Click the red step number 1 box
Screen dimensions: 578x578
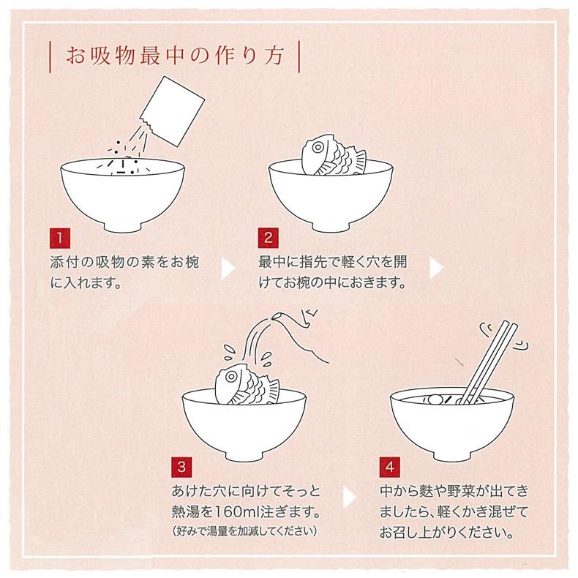(60, 238)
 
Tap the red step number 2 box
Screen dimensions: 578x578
(268, 238)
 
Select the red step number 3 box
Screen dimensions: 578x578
(181, 467)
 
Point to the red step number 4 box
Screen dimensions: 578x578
(390, 467)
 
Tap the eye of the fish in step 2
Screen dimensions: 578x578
(318, 148)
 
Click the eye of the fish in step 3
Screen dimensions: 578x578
(231, 376)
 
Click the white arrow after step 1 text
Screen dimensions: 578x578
(228, 268)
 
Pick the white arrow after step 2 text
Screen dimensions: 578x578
(436, 268)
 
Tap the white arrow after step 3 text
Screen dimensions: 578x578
(349, 498)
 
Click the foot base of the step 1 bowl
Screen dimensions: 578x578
(123, 228)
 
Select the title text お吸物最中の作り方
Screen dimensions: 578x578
(175, 56)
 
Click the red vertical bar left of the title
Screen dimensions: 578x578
(50, 56)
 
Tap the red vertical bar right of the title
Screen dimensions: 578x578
(299, 56)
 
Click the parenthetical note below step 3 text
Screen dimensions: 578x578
(244, 531)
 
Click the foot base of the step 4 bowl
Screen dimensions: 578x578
(452, 457)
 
